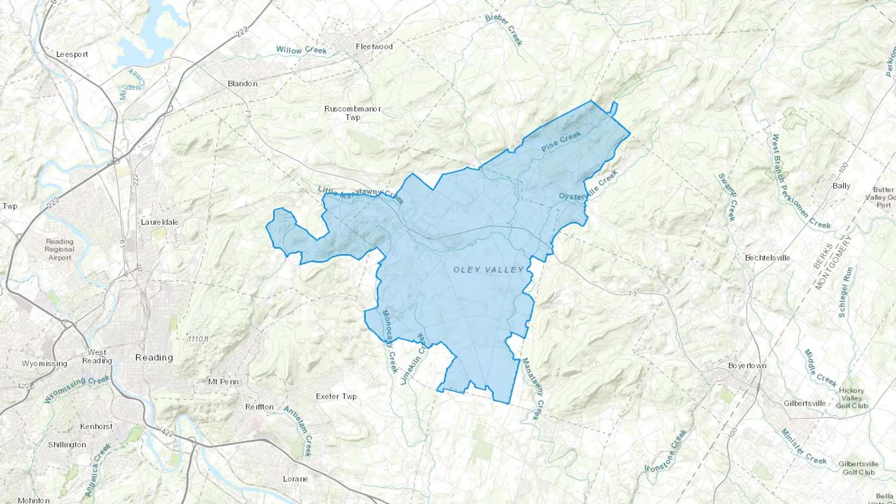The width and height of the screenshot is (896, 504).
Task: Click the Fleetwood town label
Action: coord(374,46)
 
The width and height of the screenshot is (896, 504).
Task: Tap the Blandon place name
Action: coord(242,84)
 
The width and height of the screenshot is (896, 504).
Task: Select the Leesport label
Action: coord(72,54)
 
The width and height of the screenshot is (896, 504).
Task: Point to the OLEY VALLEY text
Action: coord(488,270)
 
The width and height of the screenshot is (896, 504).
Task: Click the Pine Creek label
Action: coord(561,141)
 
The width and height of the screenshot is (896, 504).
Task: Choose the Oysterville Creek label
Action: coord(588,186)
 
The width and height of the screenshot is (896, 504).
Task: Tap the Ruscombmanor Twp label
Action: coord(352,113)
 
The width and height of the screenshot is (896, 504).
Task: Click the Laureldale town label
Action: coord(159,222)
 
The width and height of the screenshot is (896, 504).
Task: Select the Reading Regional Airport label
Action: coord(60,249)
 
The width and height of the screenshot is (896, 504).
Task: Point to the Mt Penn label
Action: coord(223,382)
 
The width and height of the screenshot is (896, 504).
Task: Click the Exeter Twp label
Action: coord(336,397)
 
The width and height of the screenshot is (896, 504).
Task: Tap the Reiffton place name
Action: coord(259,406)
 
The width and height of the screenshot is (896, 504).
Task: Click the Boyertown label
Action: coord(747,365)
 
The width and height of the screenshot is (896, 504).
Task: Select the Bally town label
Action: coord(841,186)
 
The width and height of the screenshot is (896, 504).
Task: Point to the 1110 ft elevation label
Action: coord(198,339)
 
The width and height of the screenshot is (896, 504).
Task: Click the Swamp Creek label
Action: coord(727,197)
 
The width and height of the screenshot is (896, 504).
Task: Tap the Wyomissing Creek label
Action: coord(77,390)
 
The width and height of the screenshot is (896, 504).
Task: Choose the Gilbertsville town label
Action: coord(804,403)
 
